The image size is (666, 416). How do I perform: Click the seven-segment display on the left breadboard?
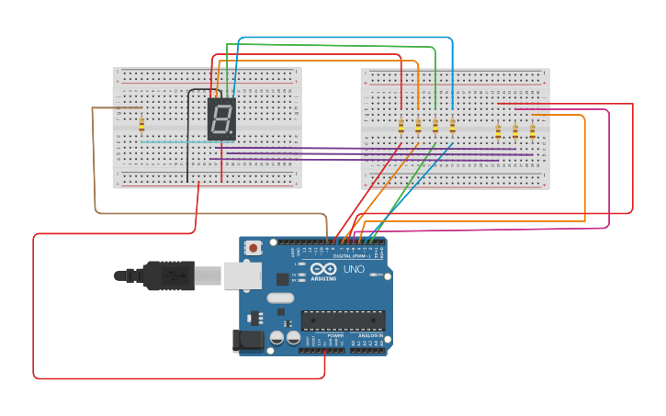221,118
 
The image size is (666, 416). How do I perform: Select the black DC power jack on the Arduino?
248,341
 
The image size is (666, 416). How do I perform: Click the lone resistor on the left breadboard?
141,125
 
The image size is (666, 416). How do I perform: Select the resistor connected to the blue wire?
452,126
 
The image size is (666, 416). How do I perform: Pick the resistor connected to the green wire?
435,126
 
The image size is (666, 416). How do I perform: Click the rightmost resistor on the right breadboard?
532,131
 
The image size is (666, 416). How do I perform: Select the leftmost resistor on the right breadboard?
401,126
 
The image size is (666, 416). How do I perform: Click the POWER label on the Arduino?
335,336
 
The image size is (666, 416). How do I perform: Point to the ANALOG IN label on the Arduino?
371,336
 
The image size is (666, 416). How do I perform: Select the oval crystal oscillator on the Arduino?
280,298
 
